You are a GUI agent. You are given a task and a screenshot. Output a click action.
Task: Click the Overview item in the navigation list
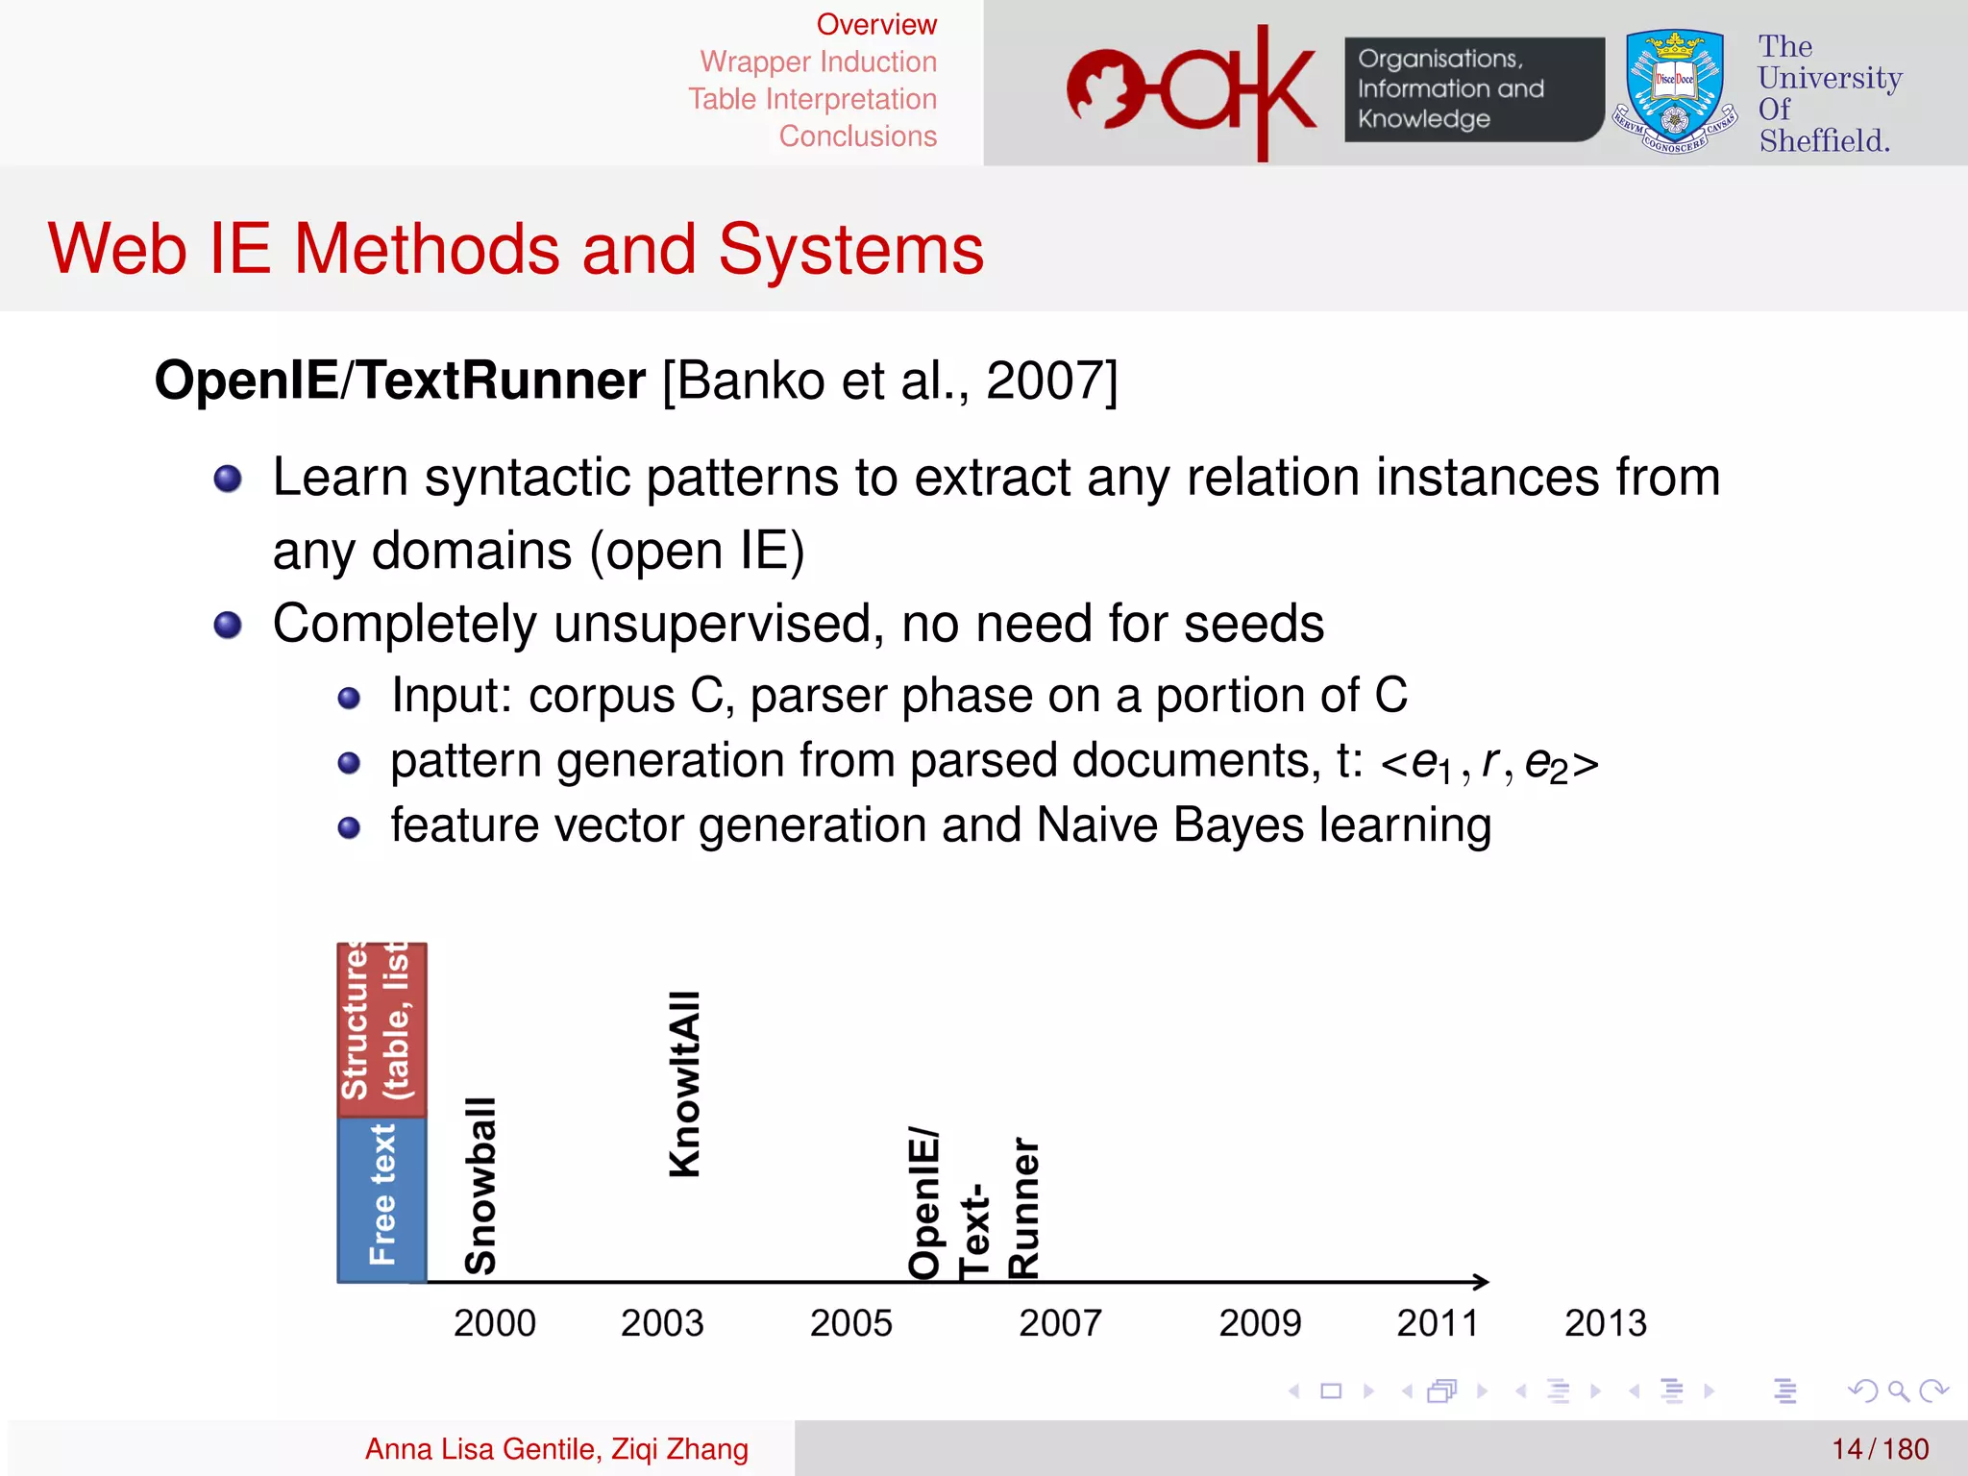click(875, 24)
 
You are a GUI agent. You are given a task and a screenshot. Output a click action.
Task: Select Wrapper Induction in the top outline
click(818, 61)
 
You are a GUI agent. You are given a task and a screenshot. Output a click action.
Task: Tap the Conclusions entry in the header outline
click(857, 136)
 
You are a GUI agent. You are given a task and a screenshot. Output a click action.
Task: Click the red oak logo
click(1192, 91)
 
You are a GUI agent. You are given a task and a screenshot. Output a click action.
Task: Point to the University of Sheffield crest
click(1674, 92)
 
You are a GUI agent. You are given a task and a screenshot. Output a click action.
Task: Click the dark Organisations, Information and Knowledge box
click(1473, 89)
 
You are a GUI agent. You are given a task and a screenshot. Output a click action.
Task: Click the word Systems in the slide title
click(850, 249)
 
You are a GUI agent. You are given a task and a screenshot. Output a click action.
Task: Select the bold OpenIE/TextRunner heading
click(400, 381)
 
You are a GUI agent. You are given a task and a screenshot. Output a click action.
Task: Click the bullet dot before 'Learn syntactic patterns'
click(228, 479)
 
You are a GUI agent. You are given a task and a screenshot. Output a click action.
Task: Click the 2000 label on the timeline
click(494, 1323)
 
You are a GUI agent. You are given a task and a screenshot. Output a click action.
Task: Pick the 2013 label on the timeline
click(1605, 1323)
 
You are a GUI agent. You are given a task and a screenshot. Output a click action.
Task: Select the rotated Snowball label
click(480, 1186)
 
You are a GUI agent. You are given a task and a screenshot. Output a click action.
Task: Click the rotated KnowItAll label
click(685, 1084)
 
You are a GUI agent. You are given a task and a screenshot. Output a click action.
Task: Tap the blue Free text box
click(381, 1199)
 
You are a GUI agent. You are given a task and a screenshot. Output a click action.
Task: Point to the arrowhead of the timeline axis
click(1482, 1281)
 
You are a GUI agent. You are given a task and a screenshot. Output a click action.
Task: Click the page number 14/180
click(1880, 1449)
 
